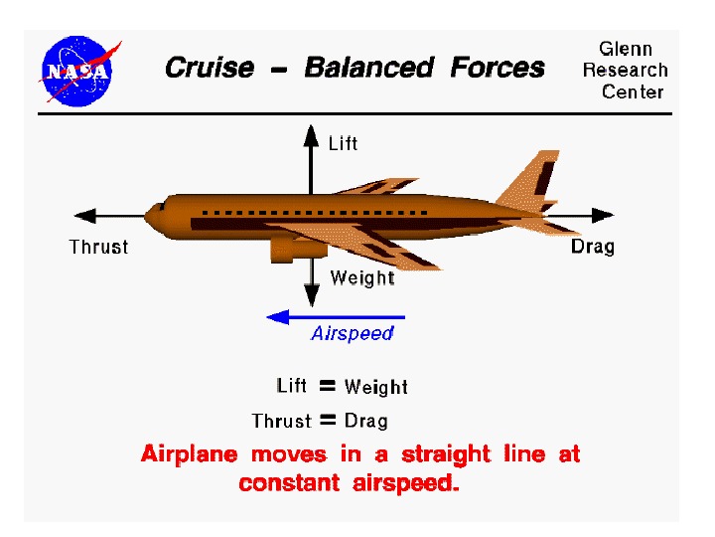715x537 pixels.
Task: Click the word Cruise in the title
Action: pyautogui.click(x=208, y=68)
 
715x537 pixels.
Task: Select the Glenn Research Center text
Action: pyautogui.click(x=625, y=70)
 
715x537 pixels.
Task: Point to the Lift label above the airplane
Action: pyautogui.click(x=343, y=144)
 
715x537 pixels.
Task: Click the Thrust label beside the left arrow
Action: pyautogui.click(x=98, y=247)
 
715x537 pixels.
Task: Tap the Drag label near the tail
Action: pyautogui.click(x=593, y=246)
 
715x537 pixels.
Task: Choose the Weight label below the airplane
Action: pyautogui.click(x=361, y=277)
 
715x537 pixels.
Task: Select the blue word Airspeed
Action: pyautogui.click(x=353, y=334)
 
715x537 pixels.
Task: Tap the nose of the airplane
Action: pyautogui.click(x=152, y=214)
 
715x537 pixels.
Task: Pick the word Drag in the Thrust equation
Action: pyautogui.click(x=366, y=421)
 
